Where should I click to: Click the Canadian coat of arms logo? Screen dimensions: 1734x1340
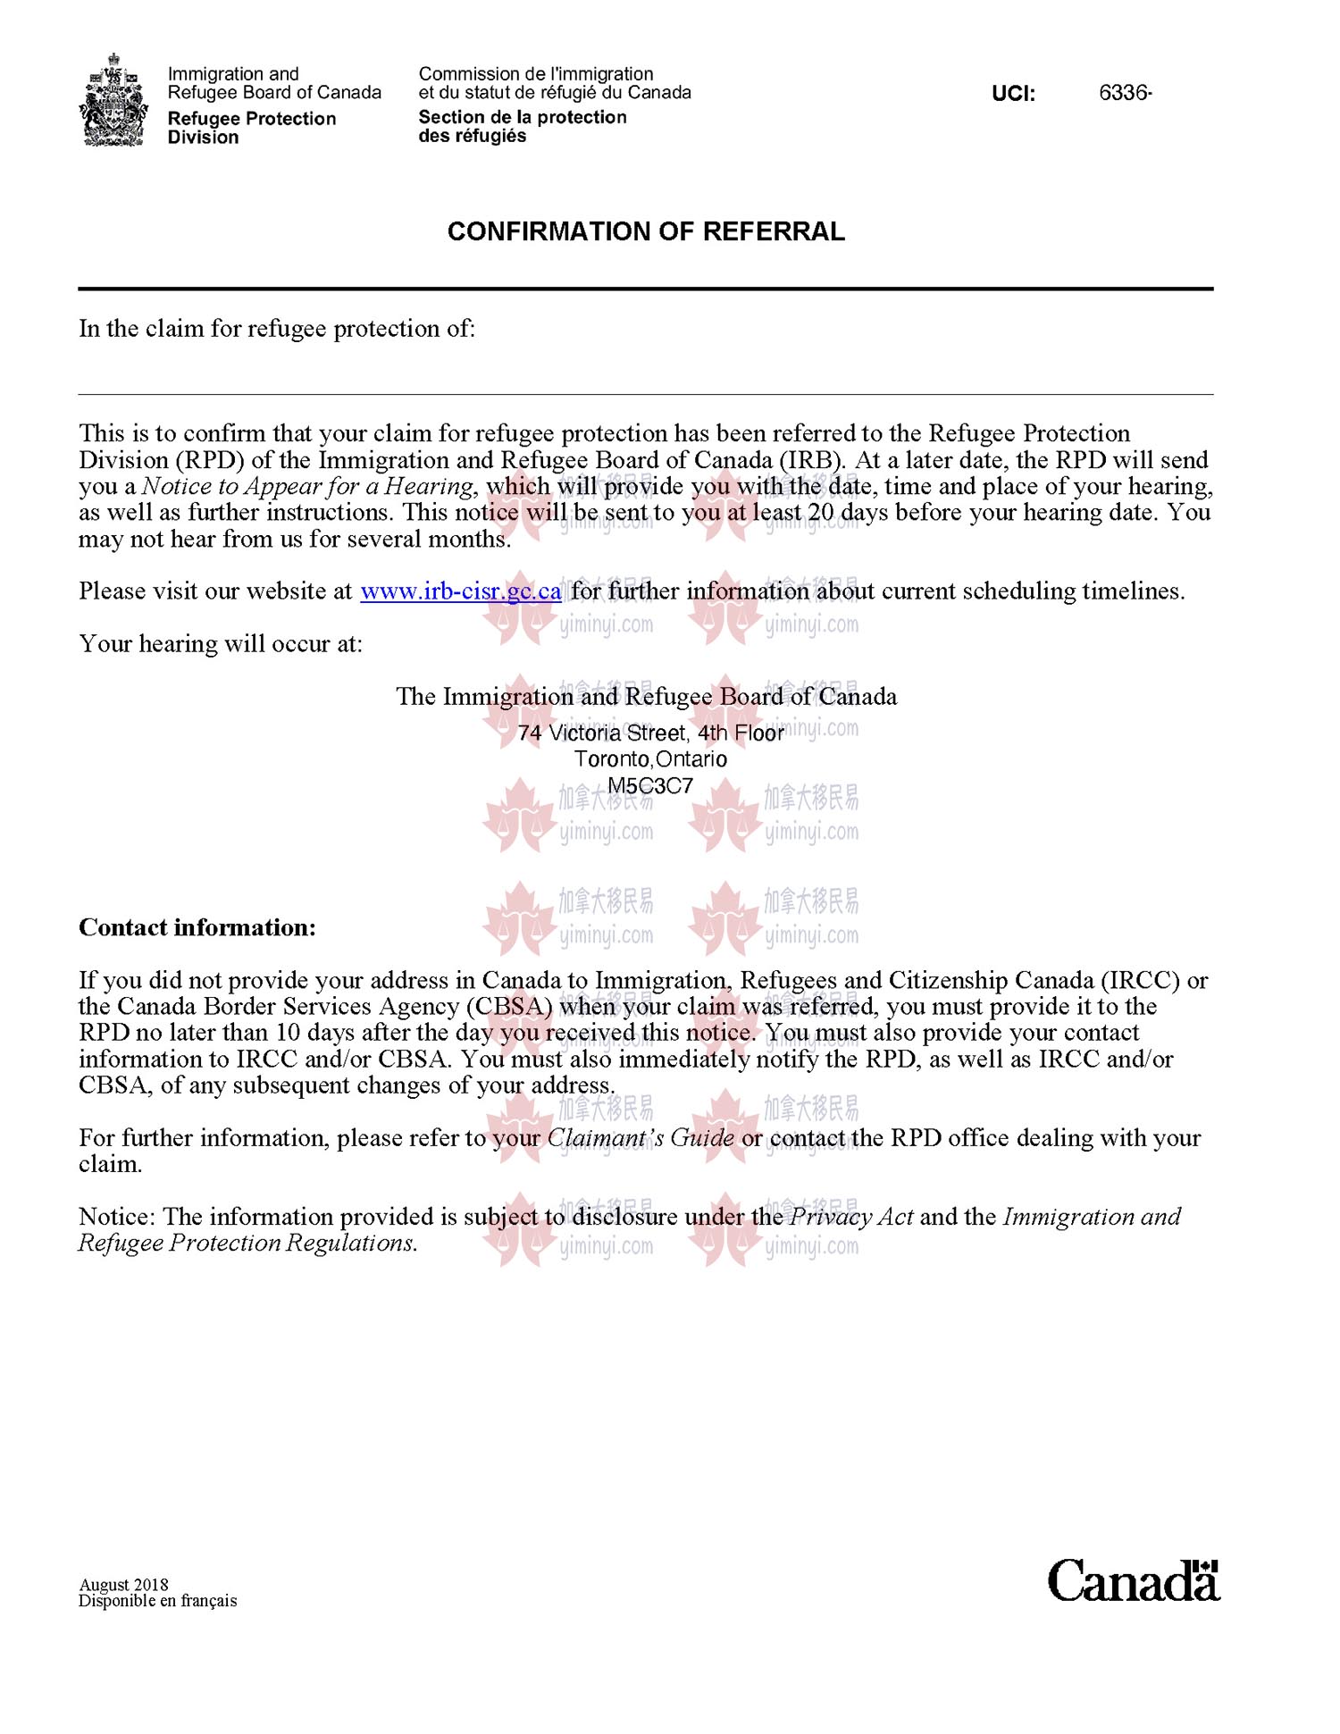(x=113, y=100)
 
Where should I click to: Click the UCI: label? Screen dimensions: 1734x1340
(x=1013, y=94)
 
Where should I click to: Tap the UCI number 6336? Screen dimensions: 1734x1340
(x=1124, y=93)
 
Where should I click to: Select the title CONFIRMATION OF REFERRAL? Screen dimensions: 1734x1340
(x=646, y=231)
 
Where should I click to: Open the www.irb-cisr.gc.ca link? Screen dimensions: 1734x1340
(x=460, y=591)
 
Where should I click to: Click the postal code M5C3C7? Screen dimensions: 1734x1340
(x=650, y=786)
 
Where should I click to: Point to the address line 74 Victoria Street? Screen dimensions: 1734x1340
(x=650, y=733)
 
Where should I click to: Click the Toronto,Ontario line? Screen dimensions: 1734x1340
(x=650, y=759)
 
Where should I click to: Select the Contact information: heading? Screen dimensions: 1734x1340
(x=197, y=927)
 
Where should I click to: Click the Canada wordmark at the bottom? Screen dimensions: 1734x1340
(x=1133, y=1581)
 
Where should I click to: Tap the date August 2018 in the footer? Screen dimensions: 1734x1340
(x=123, y=1585)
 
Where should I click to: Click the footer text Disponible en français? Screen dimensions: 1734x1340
(x=158, y=1601)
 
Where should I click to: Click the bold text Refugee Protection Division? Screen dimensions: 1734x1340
(x=251, y=128)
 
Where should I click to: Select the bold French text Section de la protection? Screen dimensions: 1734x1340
(x=523, y=118)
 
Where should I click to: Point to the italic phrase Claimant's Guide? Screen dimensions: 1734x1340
(x=641, y=1138)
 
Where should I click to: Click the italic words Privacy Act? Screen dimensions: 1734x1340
(x=851, y=1217)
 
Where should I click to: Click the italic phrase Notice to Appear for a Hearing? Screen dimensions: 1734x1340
(x=307, y=487)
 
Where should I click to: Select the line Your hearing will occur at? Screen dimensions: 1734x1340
(x=221, y=644)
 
